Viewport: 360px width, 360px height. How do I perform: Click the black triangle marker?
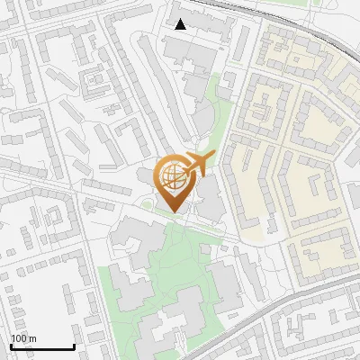[181, 24]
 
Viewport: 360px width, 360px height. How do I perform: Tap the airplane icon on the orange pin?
[197, 164]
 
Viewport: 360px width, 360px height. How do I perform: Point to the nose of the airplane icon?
[213, 156]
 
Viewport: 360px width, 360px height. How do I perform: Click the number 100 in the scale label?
[20, 338]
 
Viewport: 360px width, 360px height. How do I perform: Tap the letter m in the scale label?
[33, 338]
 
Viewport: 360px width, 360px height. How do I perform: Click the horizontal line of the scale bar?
[41, 347]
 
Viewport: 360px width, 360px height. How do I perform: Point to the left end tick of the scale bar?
[11, 345]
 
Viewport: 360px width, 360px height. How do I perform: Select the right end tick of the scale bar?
[73, 345]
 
